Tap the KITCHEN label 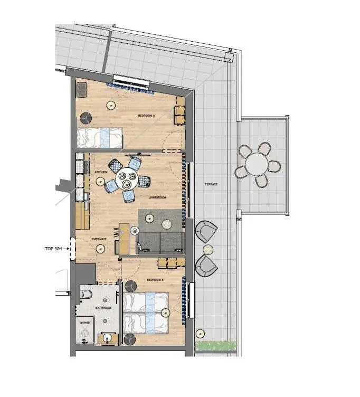point(101,173)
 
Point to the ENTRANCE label point(99,239)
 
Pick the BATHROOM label point(103,308)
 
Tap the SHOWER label point(85,322)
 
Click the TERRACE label point(212,184)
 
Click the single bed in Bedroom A point(100,138)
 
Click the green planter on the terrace point(215,346)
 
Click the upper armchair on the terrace point(206,231)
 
